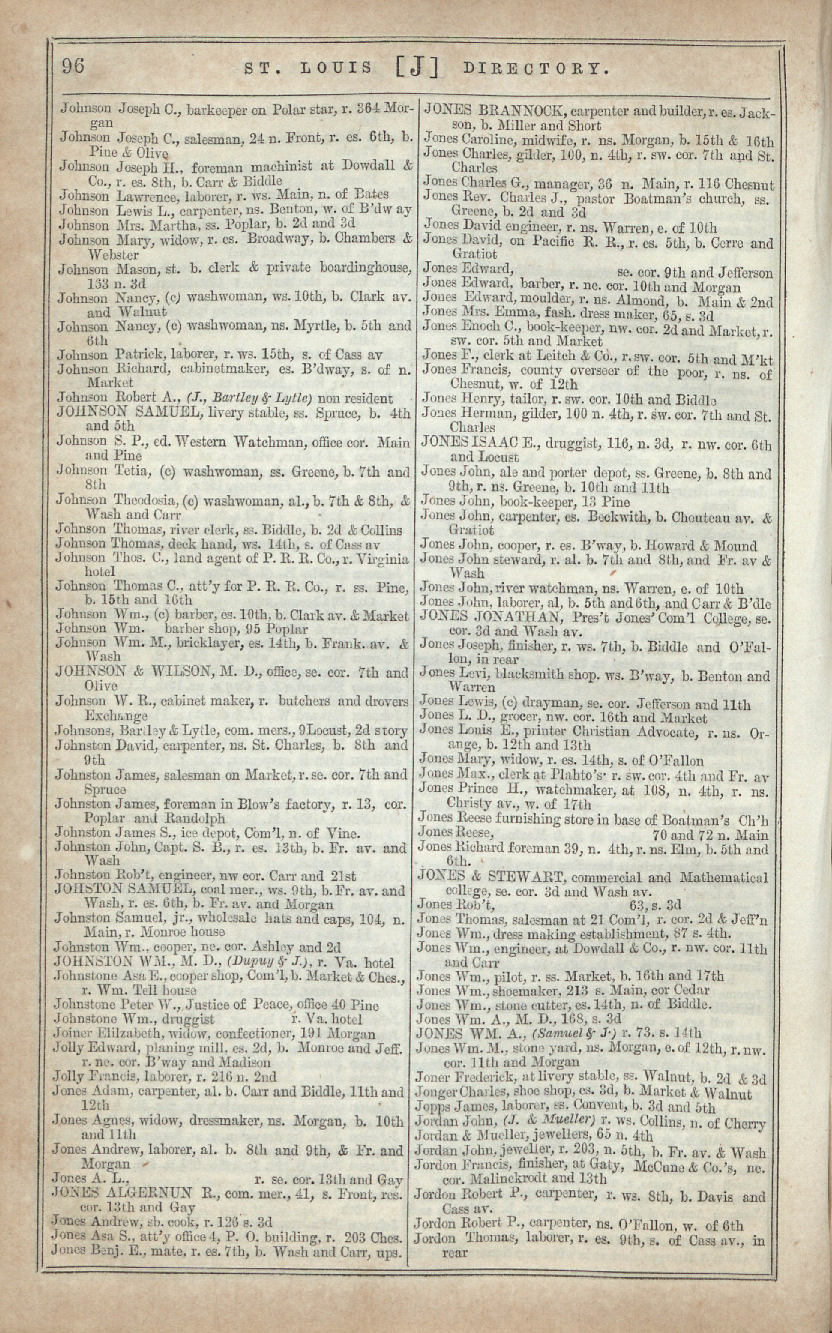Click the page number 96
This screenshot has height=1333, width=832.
(73, 66)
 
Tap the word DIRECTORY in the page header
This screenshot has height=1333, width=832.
(537, 69)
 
